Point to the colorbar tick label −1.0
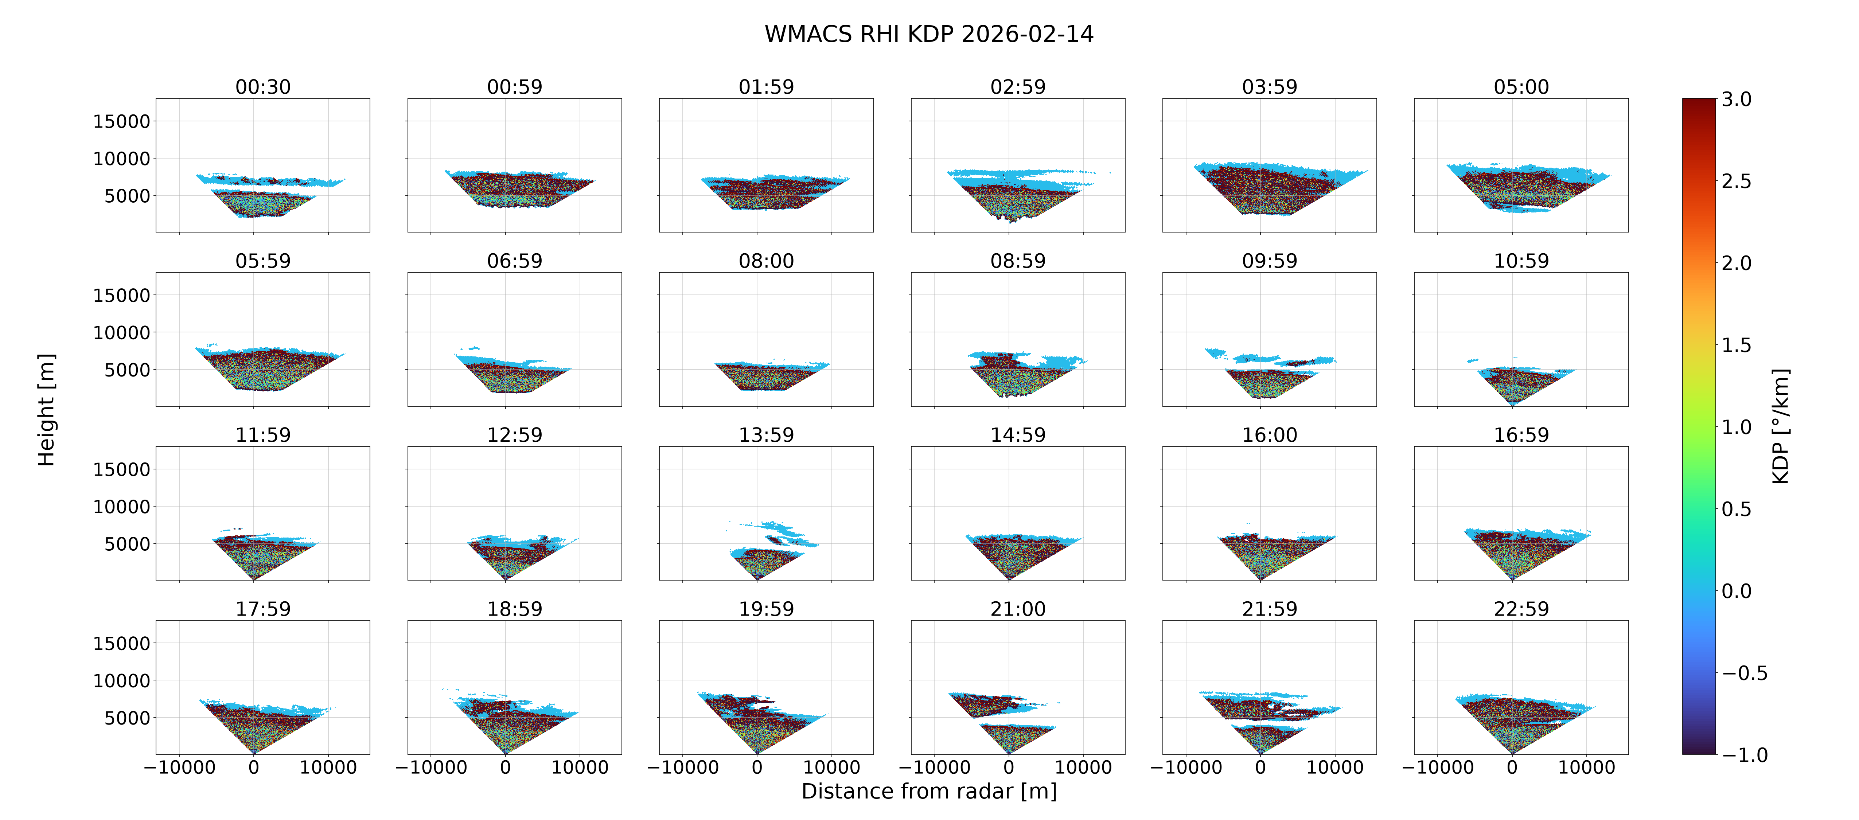point(1745,755)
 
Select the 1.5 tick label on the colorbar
point(1736,345)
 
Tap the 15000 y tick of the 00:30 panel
point(121,121)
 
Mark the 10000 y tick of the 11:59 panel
point(121,507)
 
